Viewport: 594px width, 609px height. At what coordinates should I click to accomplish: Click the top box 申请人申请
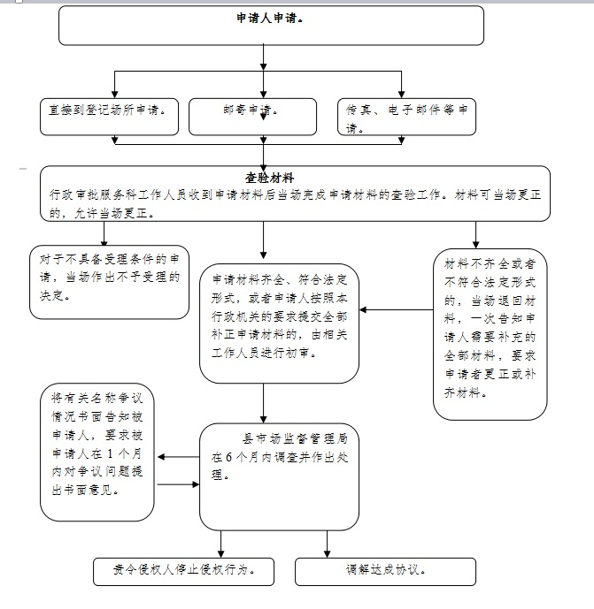tap(271, 25)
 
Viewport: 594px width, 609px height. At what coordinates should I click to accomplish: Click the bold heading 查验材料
tap(270, 178)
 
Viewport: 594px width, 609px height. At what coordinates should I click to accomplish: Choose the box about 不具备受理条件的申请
tap(110, 280)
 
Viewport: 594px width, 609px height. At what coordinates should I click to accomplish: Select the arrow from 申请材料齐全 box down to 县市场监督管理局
tap(263, 403)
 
